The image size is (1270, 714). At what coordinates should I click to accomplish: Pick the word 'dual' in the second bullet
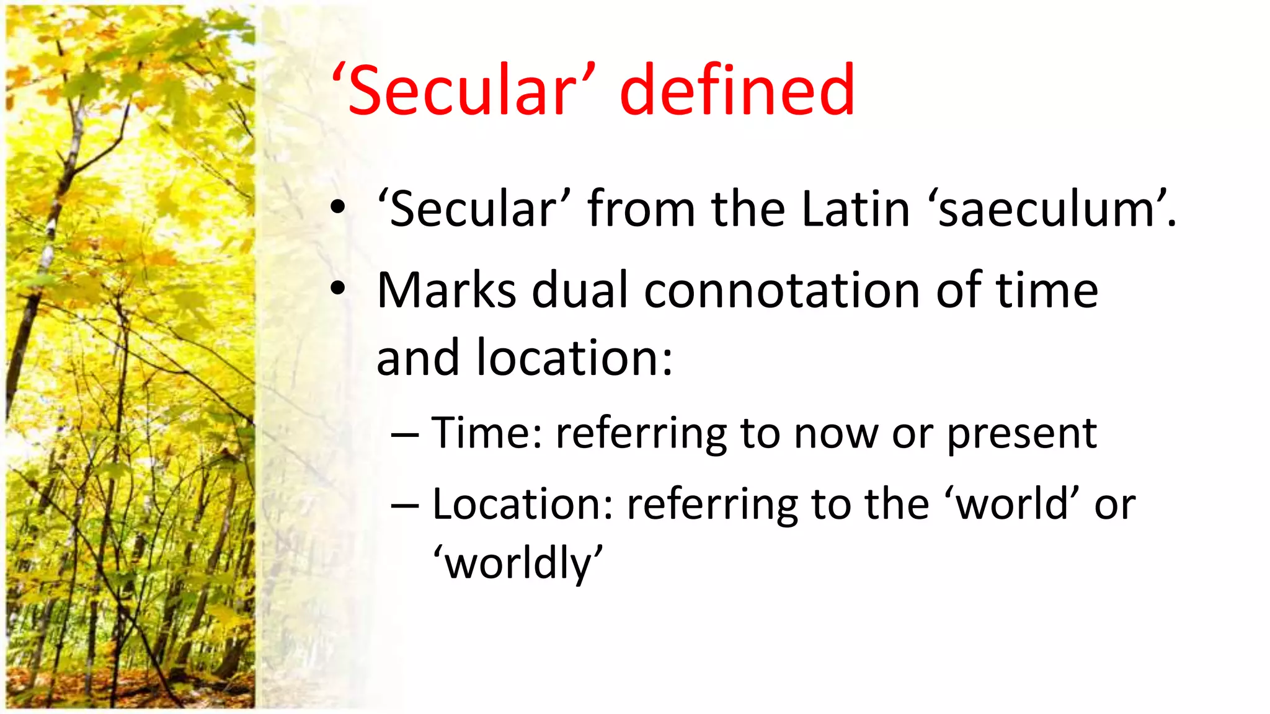(x=580, y=291)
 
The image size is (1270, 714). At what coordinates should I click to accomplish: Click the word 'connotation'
(x=782, y=291)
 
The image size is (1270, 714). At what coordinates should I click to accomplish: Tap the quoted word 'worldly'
(x=518, y=563)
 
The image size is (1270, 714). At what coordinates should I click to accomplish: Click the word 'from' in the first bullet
(x=641, y=209)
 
